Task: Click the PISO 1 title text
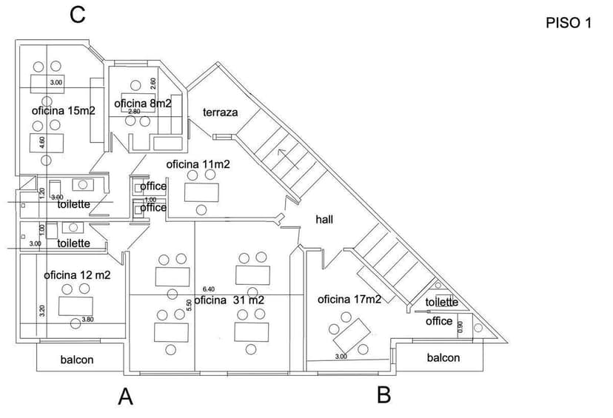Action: point(569,23)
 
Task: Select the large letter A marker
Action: point(126,397)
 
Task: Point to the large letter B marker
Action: point(383,395)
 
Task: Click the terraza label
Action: point(220,112)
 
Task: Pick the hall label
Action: point(324,219)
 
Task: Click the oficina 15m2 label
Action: point(63,110)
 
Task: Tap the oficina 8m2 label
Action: point(143,104)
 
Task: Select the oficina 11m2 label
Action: point(198,164)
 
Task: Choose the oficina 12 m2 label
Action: point(77,274)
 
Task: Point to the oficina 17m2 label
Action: point(349,299)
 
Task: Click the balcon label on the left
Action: point(77,360)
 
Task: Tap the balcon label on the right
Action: point(443,357)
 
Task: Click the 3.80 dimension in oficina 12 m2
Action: point(87,320)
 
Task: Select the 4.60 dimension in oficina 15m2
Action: point(42,142)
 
